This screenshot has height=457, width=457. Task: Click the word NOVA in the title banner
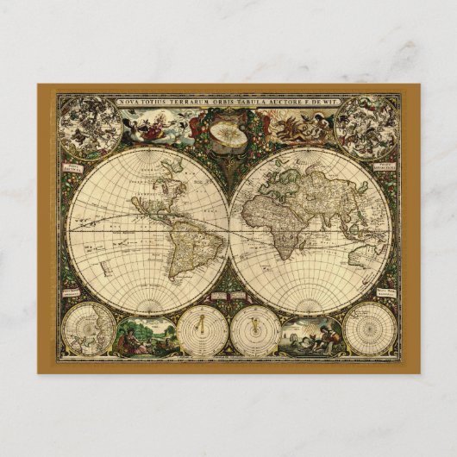tap(126, 100)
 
